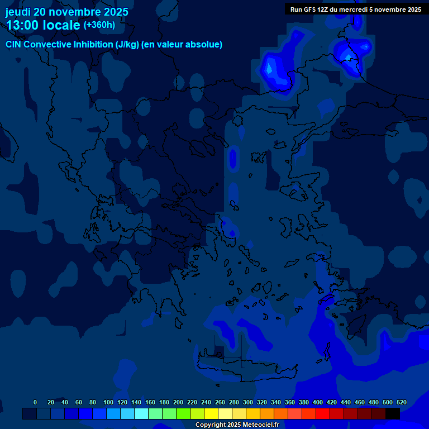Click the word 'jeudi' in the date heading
tap(18, 12)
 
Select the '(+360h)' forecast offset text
tap(99, 25)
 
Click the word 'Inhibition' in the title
tap(93, 45)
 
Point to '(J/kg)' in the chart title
tap(127, 45)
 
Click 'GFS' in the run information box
tap(309, 9)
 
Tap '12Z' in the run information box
tap(323, 9)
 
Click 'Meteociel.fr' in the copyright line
tap(260, 425)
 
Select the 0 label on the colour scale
tap(35, 402)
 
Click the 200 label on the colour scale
tap(178, 402)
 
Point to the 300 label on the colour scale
tap(247, 402)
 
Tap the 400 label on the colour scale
tap(317, 402)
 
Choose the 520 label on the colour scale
tap(401, 402)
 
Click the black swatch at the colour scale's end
tap(392, 413)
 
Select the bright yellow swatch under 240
tap(211, 413)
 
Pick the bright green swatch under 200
tap(183, 413)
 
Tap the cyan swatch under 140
tap(141, 413)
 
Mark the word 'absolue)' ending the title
tap(204, 45)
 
